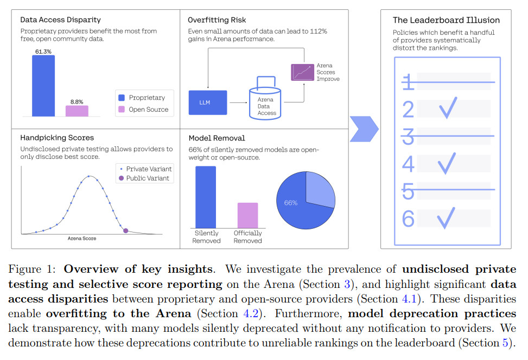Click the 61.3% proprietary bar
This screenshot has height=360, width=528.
pos(43,86)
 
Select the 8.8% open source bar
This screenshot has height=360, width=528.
pos(77,111)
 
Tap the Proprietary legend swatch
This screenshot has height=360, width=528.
pos(122,98)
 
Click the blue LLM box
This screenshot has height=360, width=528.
pos(208,102)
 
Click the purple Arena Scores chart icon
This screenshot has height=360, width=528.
pos(302,72)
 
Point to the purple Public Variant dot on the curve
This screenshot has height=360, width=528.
pos(125,230)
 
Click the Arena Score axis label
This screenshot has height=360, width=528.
pos(82,239)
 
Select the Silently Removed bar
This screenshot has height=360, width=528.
pos(206,197)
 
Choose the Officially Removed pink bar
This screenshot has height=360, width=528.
pos(247,215)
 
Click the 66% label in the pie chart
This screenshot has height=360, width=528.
pos(291,203)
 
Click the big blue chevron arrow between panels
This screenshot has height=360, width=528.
pos(364,129)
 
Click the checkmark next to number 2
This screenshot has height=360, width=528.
pos(448,108)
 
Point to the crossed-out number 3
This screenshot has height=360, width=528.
pos(408,136)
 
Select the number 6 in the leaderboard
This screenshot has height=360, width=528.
pos(408,218)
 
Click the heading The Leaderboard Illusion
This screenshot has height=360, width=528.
pos(446,20)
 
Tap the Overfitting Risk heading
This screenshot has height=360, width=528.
pos(217,20)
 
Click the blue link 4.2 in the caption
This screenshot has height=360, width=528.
pos(251,313)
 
